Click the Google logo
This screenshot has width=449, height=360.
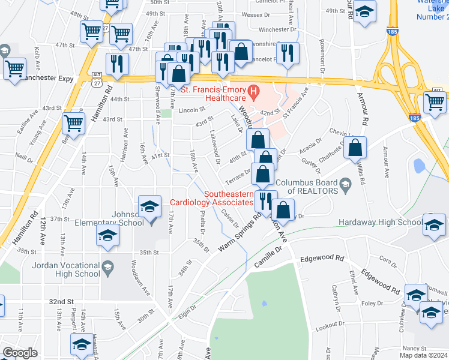pyautogui.click(x=20, y=353)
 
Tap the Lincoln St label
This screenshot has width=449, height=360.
pyautogui.click(x=191, y=110)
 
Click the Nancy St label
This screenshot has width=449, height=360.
pyautogui.click(x=410, y=348)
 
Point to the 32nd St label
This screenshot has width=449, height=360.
pyautogui.click(x=61, y=301)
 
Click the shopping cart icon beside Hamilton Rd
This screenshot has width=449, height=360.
pyautogui.click(x=73, y=124)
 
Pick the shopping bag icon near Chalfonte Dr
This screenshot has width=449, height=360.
pyautogui.click(x=356, y=146)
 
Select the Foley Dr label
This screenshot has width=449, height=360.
pyautogui.click(x=372, y=304)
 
